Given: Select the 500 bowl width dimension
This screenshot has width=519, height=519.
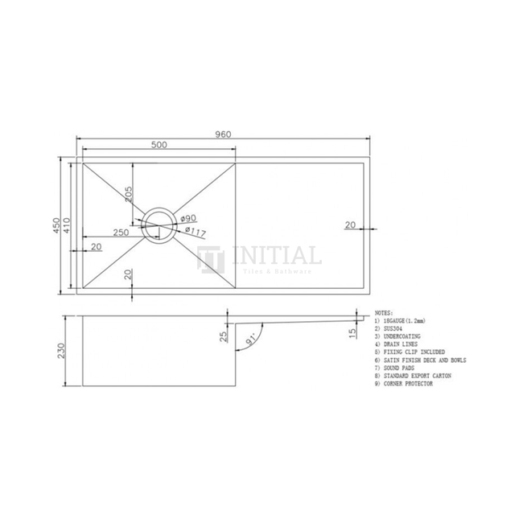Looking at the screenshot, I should pyautogui.click(x=159, y=146).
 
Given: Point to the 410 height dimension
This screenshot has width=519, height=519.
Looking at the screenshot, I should pyautogui.click(x=70, y=224).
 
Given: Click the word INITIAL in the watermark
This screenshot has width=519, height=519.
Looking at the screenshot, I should pyautogui.click(x=276, y=256).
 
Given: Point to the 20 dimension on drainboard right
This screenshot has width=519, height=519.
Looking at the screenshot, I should pyautogui.click(x=350, y=225).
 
